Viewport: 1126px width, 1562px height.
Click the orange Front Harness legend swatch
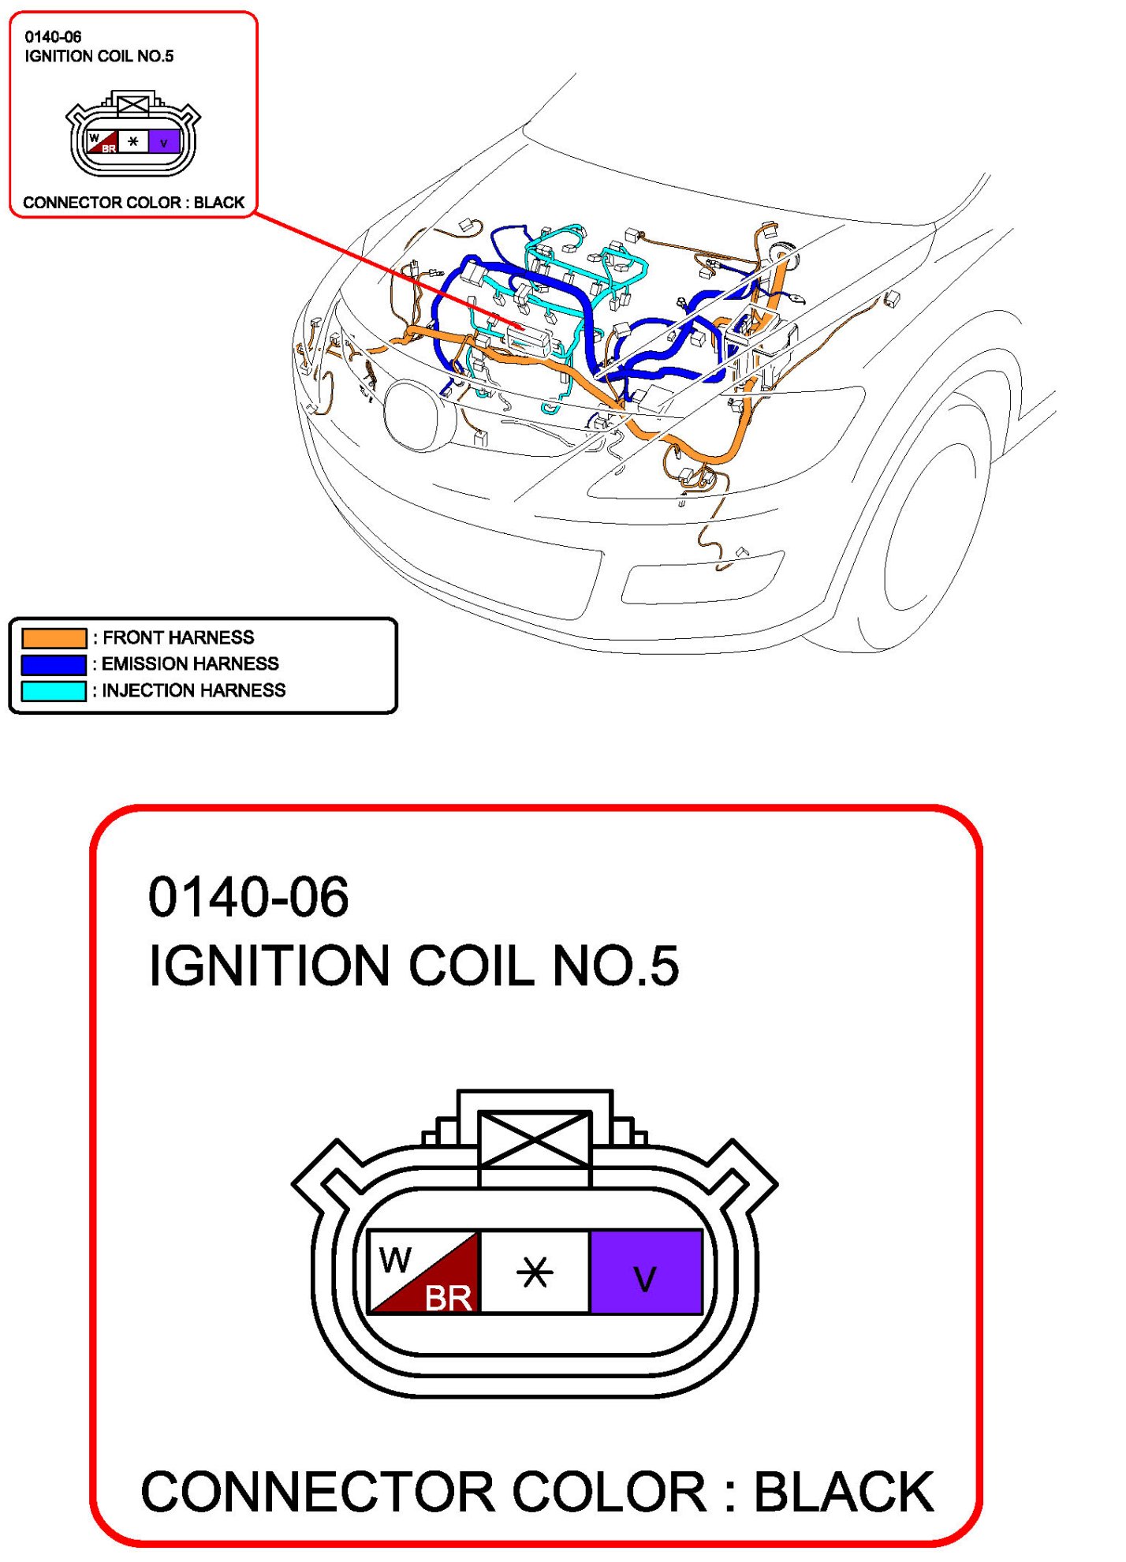(54, 637)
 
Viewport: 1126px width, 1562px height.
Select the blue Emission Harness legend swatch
(54, 664)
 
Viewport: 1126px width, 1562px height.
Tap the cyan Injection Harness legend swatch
(54, 691)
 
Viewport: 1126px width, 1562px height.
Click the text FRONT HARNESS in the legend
(178, 637)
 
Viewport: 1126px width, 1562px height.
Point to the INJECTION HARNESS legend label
(193, 690)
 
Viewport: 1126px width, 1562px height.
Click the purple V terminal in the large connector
(646, 1271)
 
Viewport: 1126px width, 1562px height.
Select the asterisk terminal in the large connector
(535, 1271)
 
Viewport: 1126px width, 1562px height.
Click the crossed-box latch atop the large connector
(535, 1138)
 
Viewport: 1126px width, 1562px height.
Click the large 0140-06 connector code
(248, 897)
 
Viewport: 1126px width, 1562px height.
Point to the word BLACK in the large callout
(844, 1492)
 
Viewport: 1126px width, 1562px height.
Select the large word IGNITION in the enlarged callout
(268, 966)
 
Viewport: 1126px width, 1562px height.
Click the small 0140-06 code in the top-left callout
(53, 37)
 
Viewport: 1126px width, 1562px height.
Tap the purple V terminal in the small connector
(164, 142)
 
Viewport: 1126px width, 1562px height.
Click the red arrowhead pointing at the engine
(516, 325)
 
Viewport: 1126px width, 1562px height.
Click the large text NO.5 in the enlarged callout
(615, 966)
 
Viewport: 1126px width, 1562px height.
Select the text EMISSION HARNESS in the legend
(190, 663)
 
